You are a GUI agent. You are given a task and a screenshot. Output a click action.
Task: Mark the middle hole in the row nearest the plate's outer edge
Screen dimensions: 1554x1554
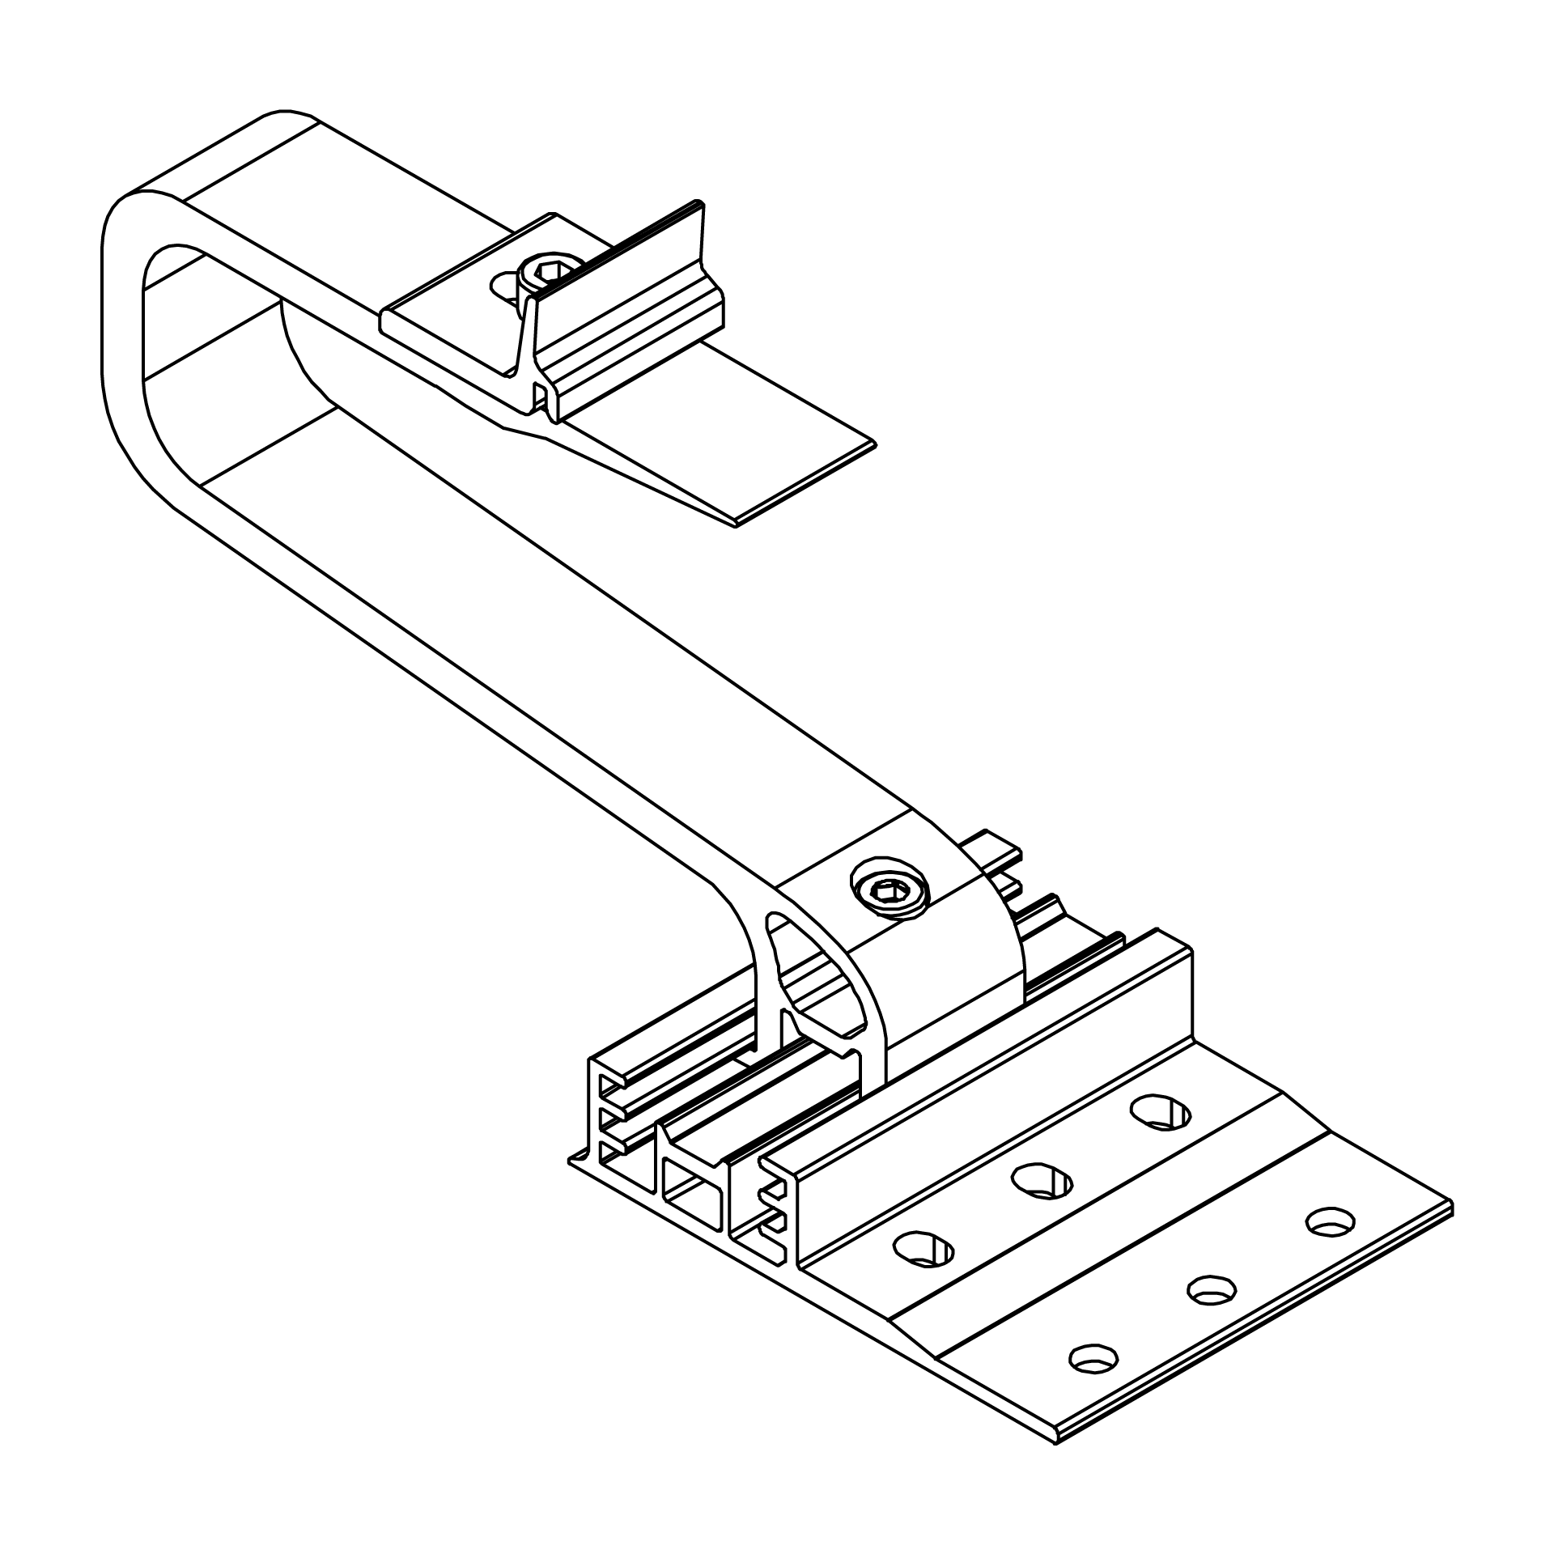(x=1211, y=1312)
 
